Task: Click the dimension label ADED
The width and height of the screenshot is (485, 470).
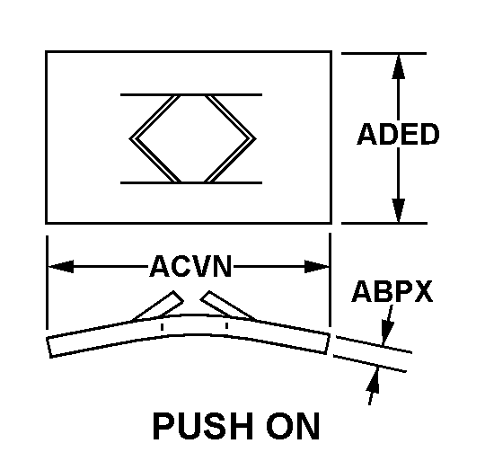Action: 398,134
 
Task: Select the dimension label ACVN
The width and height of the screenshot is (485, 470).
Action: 190,266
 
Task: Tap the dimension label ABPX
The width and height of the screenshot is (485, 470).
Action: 392,291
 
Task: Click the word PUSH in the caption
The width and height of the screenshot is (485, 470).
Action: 203,426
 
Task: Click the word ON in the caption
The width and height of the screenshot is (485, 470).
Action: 293,426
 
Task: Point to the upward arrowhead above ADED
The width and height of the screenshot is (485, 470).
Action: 399,67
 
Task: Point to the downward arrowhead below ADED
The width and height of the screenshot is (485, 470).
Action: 399,210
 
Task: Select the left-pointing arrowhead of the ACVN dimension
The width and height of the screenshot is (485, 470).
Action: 61,266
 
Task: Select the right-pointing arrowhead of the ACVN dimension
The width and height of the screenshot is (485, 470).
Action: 317,266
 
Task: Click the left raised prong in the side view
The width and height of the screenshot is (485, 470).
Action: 158,306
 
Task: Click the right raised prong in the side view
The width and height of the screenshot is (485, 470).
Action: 228,305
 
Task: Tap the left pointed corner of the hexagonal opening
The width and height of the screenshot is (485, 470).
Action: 129,139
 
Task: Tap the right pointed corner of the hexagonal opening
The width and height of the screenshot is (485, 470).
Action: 256,139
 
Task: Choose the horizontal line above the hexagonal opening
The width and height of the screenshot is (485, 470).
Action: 191,94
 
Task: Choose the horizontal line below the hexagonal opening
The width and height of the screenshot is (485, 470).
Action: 191,182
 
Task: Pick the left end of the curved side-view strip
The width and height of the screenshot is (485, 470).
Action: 48,347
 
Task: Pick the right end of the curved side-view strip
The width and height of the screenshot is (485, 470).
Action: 328,343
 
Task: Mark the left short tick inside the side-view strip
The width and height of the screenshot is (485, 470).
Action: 162,327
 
